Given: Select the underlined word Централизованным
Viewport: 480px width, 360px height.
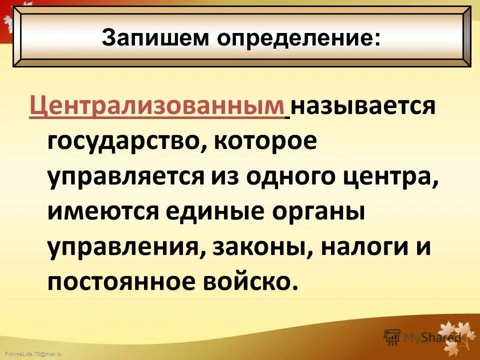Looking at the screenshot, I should coord(156,107).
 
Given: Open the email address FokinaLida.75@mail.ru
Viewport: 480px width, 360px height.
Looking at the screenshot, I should coord(30,354).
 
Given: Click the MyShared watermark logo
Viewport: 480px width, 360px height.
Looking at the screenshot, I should coord(422,337).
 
